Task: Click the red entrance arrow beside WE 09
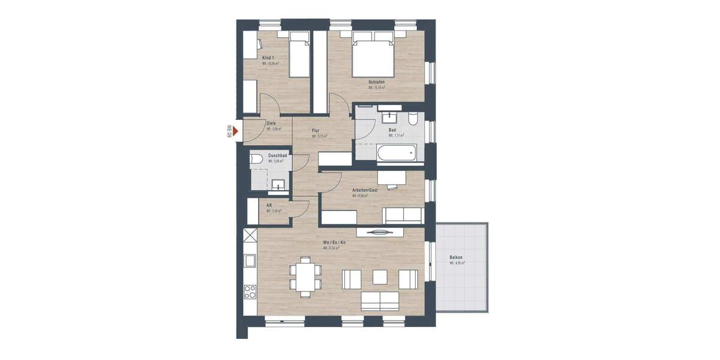click(x=236, y=131)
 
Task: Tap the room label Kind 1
click(x=268, y=58)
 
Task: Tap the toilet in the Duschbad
click(x=256, y=159)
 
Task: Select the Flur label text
click(x=316, y=130)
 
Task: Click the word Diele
click(x=271, y=123)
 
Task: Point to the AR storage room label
click(x=269, y=205)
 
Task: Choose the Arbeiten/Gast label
click(x=364, y=190)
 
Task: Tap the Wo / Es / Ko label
click(x=334, y=242)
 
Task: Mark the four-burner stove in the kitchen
click(x=250, y=292)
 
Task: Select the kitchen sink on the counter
click(x=250, y=260)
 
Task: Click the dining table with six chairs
click(x=305, y=278)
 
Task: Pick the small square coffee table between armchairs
click(x=380, y=277)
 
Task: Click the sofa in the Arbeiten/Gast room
click(x=403, y=215)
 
